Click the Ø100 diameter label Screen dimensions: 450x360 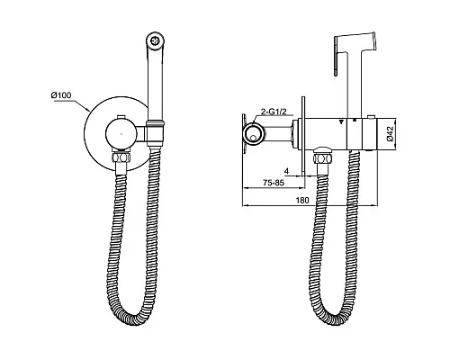click(x=61, y=95)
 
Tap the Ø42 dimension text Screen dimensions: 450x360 click(x=390, y=134)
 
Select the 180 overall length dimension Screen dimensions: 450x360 click(x=302, y=200)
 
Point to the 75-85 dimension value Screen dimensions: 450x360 click(x=273, y=183)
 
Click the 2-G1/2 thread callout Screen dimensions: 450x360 click(x=274, y=112)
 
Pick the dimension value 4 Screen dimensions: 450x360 click(x=286, y=171)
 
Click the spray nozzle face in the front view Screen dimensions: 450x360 click(x=155, y=40)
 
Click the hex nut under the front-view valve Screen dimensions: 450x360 click(x=121, y=157)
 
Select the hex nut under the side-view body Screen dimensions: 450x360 click(x=322, y=157)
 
